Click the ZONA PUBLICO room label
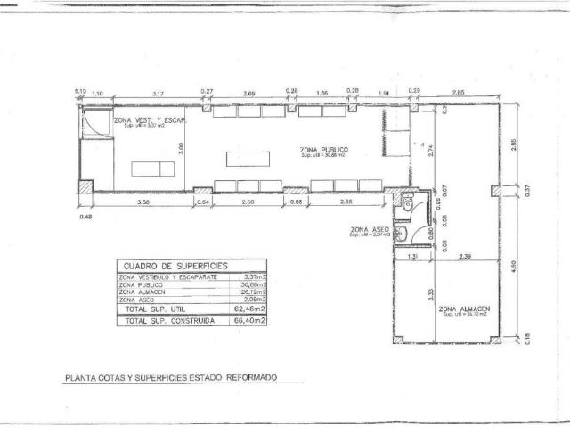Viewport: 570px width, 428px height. (324, 149)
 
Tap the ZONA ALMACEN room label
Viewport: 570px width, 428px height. (465, 308)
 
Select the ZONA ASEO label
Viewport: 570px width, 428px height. (368, 230)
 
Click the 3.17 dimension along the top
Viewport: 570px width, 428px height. (158, 93)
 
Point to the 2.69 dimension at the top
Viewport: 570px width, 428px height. (249, 93)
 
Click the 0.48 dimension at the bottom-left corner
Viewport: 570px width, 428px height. (85, 216)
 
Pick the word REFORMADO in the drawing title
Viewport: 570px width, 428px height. (252, 377)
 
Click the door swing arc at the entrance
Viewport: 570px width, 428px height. (96, 126)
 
